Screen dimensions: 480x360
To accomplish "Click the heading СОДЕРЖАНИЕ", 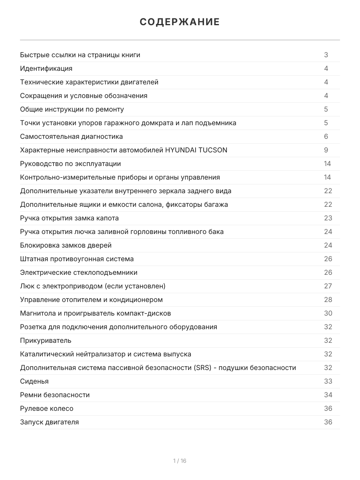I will point(180,22).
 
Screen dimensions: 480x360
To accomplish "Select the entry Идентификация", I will point(46,68).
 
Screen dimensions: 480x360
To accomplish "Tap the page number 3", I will point(326,55).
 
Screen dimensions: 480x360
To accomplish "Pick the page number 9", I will point(326,150).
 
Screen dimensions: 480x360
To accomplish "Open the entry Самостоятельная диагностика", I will point(72,136).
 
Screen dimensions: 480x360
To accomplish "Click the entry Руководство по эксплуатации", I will point(70,164).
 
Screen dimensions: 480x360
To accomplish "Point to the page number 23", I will point(328,218).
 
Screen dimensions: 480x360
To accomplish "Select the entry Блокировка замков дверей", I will point(66,245).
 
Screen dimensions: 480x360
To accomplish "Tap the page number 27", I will point(328,286).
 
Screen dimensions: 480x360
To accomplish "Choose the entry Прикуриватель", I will point(46,340).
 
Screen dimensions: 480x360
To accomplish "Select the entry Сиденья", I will point(34,381).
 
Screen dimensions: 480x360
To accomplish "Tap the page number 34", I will point(328,395).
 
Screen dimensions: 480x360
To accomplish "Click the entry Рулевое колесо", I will point(47,408).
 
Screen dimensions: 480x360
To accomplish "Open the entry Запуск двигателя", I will point(50,422).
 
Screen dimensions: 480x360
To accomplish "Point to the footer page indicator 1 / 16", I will point(180,461).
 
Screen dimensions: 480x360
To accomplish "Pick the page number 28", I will point(328,300).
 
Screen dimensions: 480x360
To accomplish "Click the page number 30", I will point(328,313).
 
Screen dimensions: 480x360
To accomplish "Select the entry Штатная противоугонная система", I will point(77,259).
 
